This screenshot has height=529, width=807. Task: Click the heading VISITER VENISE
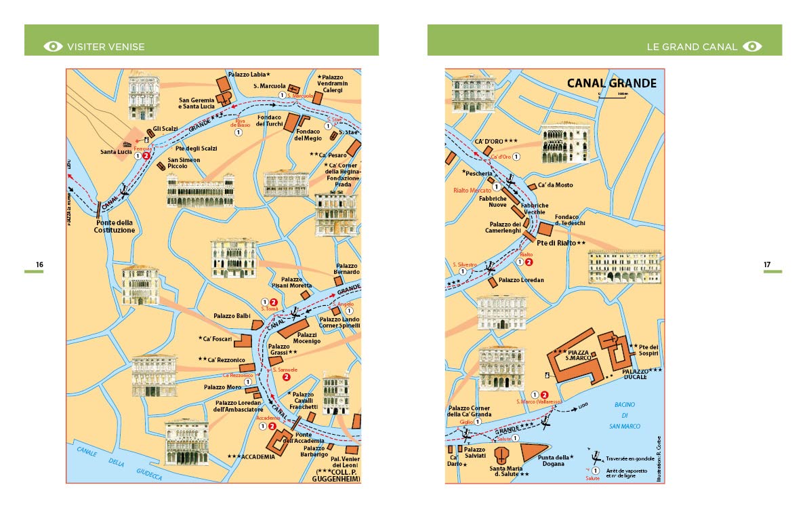(106, 47)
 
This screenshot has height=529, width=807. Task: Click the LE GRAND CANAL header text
(691, 47)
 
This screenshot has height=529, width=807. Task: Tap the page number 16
(40, 264)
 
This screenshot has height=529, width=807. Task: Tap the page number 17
(767, 264)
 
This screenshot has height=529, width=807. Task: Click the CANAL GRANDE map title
(611, 83)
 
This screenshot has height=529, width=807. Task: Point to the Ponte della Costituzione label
(115, 227)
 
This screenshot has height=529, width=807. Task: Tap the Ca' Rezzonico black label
(218, 359)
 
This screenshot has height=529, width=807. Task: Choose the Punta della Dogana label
(553, 461)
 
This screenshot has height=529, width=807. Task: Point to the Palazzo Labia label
(249, 74)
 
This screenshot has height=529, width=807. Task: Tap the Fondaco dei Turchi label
(269, 120)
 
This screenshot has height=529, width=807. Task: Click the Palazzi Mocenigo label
(308, 338)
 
